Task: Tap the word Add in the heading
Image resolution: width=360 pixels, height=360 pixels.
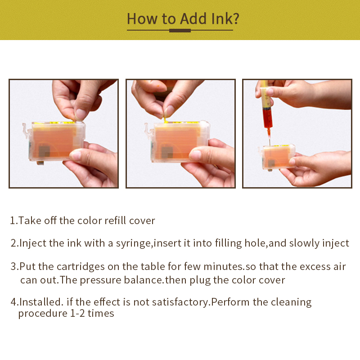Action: tap(193, 18)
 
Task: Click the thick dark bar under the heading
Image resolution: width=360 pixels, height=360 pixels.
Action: tap(180, 31)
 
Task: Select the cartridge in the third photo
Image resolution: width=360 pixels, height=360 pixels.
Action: tap(277, 157)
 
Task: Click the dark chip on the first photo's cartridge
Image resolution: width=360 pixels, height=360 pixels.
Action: tap(44, 152)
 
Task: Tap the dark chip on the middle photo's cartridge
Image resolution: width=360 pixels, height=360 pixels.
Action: tap(167, 153)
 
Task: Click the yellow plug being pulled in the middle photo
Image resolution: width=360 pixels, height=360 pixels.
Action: tap(165, 120)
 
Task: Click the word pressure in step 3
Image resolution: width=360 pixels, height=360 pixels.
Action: tap(99, 280)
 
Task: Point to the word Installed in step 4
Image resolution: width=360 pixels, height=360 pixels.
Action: tap(40, 302)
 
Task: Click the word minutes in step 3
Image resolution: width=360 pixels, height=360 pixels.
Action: tap(223, 267)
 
